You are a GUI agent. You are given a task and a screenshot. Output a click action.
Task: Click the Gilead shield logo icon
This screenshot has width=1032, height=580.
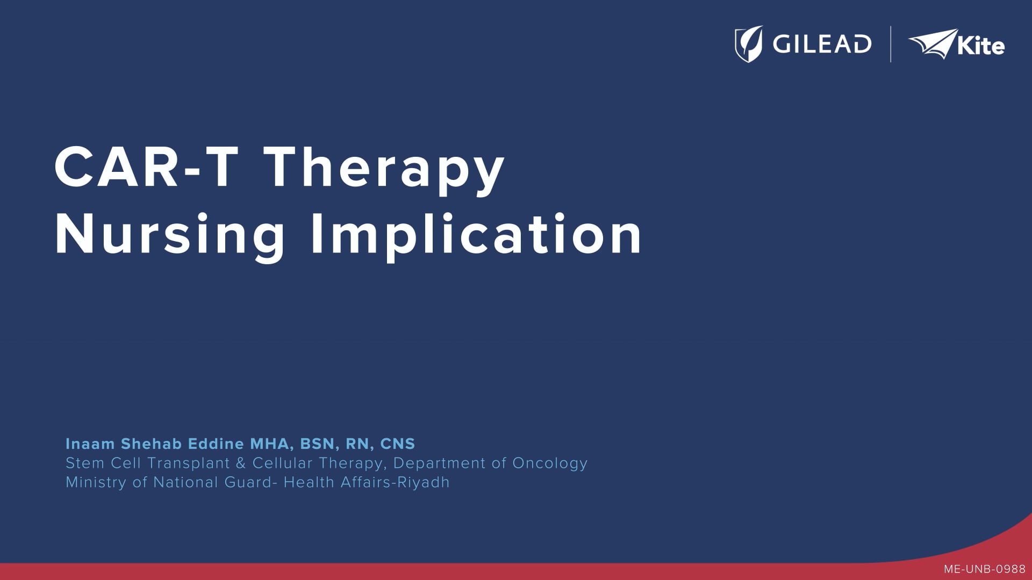(x=749, y=44)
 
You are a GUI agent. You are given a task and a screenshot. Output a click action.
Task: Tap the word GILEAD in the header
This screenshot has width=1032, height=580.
(x=822, y=44)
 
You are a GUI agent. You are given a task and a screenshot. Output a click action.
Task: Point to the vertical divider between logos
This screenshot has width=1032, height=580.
(x=891, y=44)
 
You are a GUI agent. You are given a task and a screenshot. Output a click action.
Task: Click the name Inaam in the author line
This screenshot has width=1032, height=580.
(x=90, y=444)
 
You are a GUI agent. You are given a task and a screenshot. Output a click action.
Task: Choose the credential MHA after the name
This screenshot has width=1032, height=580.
(x=271, y=445)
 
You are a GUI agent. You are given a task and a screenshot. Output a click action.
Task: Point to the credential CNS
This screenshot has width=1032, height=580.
(x=398, y=444)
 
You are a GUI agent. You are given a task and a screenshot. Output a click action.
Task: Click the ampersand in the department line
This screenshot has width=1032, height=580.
(x=241, y=463)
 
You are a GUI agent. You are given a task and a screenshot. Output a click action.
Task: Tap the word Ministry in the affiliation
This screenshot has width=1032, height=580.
(x=96, y=483)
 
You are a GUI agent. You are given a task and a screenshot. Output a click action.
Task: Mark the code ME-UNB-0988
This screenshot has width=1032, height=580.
(x=985, y=569)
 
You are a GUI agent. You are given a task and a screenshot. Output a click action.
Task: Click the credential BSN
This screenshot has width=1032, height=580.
(x=318, y=445)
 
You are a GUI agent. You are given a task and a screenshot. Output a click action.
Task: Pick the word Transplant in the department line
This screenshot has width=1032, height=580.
(x=189, y=463)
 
